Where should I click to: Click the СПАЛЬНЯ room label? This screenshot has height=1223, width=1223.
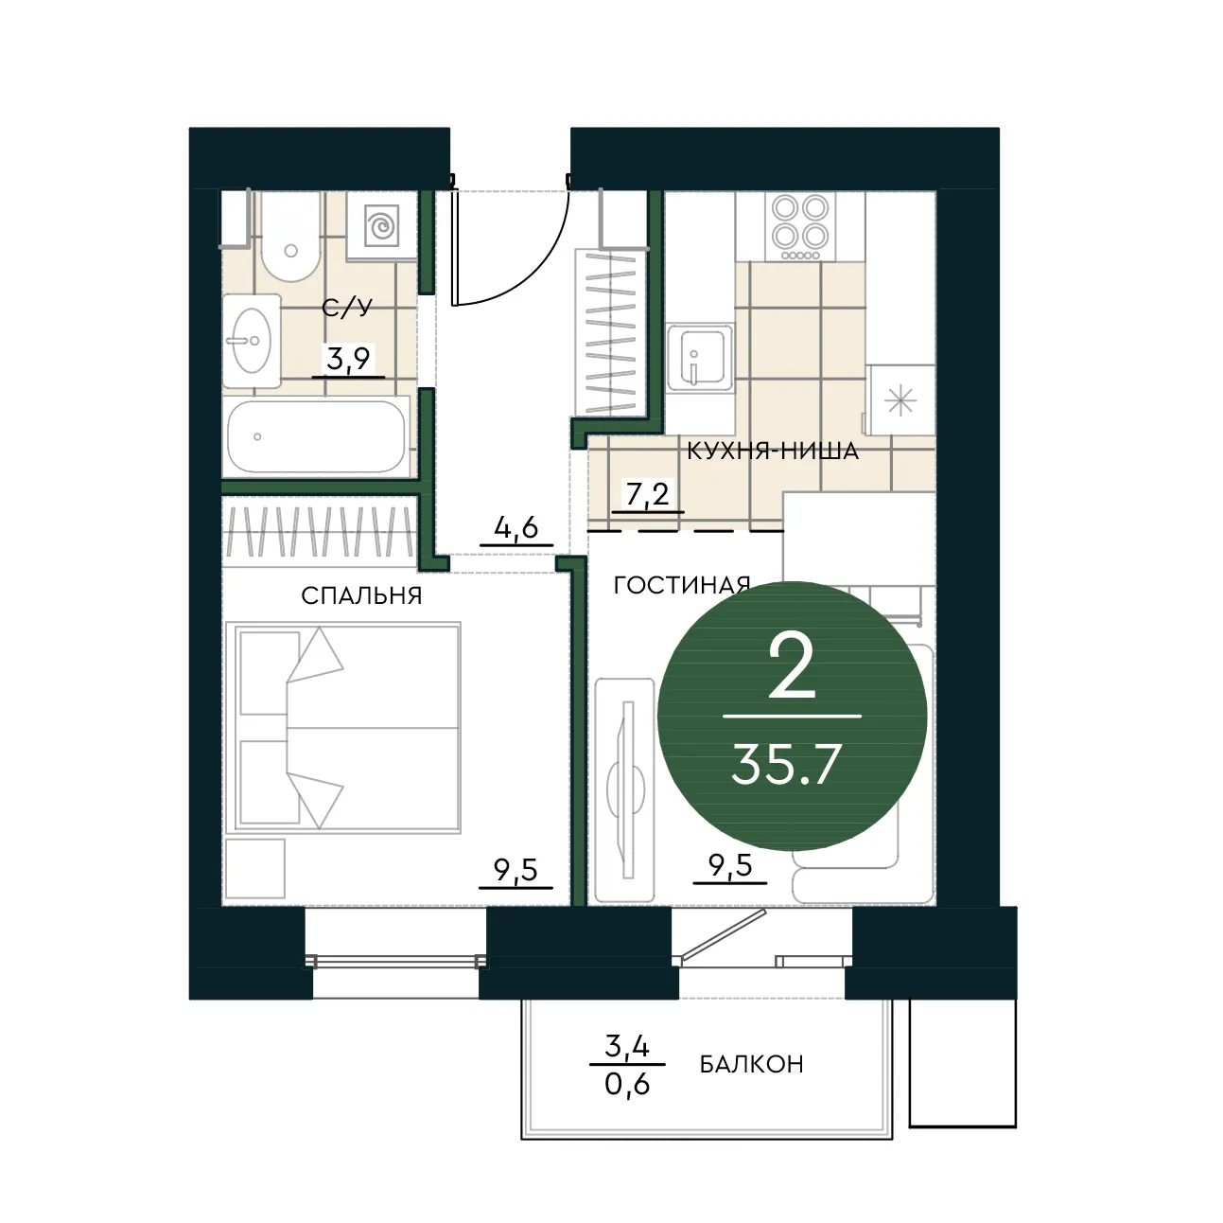(361, 596)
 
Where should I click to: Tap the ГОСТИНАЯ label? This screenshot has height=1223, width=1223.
(682, 585)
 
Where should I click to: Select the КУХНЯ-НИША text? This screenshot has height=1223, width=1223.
(773, 452)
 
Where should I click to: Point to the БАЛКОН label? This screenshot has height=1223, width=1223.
(751, 1064)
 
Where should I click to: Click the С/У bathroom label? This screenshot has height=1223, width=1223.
(346, 309)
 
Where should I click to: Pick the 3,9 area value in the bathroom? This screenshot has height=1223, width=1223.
(348, 360)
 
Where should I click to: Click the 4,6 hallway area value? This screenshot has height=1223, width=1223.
(516, 527)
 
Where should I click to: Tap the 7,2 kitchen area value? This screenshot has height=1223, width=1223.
(647, 494)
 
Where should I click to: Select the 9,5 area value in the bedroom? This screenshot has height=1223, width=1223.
(516, 869)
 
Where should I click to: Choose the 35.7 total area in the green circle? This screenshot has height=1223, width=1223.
(786, 764)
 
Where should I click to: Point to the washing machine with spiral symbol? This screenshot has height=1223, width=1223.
(381, 225)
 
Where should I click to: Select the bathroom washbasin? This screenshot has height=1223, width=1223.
(252, 341)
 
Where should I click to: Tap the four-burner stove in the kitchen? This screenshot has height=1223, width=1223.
(800, 226)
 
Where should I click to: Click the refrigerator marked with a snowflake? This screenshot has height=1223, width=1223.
(900, 400)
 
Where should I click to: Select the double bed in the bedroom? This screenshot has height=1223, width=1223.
(343, 727)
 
